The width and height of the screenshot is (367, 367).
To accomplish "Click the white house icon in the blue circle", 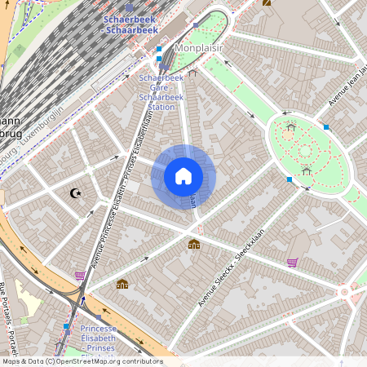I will [x=183, y=175].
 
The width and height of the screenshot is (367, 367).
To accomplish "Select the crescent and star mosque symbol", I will [x=77, y=193].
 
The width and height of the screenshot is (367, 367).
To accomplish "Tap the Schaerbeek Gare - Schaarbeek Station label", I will [x=161, y=91].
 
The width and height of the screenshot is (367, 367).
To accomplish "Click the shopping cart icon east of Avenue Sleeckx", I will [x=292, y=263].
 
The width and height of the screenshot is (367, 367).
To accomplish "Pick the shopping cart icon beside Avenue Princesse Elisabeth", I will [x=80, y=276].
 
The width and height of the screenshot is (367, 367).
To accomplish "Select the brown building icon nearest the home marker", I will [x=194, y=244].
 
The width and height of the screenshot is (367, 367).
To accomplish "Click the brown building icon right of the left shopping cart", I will [x=122, y=284].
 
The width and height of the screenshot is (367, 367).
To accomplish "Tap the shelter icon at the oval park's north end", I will [x=290, y=126].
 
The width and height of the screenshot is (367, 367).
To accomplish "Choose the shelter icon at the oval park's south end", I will [x=306, y=170].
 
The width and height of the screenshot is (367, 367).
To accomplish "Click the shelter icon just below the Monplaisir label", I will [x=192, y=72].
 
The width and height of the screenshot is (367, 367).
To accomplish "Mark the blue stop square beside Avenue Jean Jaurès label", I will [x=326, y=126].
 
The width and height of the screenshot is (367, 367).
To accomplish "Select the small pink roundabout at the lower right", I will [x=345, y=290].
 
